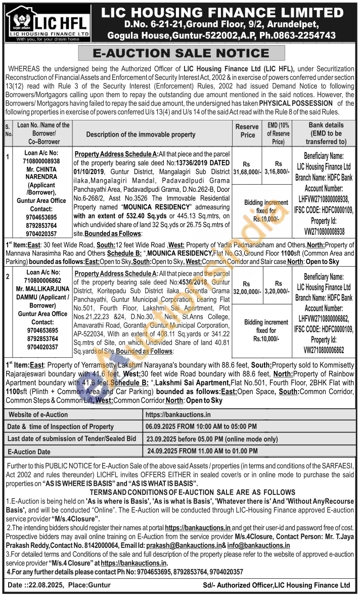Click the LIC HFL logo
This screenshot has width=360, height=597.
click(x=49, y=23)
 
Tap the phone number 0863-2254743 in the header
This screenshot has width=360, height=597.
click(x=308, y=35)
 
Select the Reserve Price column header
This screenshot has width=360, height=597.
click(x=247, y=131)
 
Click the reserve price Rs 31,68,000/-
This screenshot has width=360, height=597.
click(x=247, y=168)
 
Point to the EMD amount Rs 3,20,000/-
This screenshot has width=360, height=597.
click(x=278, y=288)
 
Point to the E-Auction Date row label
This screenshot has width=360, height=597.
click(x=29, y=450)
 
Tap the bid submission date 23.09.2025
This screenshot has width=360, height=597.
click(x=164, y=438)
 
